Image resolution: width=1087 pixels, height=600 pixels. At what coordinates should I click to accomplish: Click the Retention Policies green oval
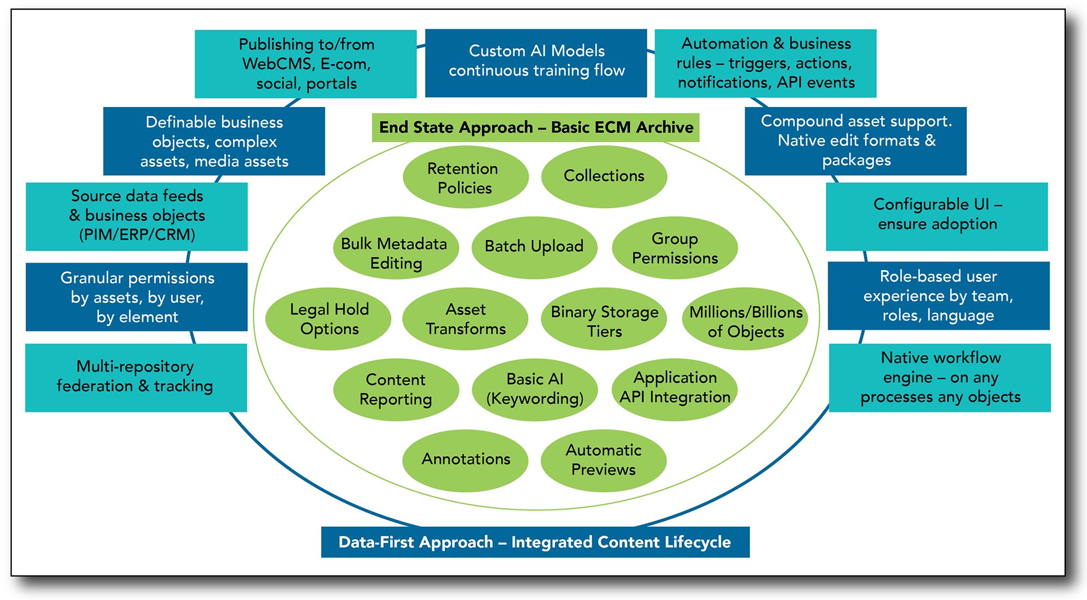pyautogui.click(x=465, y=177)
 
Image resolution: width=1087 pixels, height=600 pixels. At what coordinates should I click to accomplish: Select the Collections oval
pyautogui.click(x=604, y=176)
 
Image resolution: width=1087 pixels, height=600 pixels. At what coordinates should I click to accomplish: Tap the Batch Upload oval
pyautogui.click(x=534, y=247)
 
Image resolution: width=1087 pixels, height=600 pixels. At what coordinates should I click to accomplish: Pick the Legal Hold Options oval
pyautogui.click(x=328, y=319)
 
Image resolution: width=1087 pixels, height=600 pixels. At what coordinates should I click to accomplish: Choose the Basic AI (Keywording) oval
pyautogui.click(x=535, y=389)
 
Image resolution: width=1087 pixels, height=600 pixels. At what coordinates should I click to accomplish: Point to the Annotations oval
pyautogui.click(x=465, y=460)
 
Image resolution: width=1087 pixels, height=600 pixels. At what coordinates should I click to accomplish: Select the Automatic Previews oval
pyautogui.click(x=603, y=460)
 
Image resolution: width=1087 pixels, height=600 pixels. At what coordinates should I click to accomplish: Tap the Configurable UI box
pyautogui.click(x=937, y=216)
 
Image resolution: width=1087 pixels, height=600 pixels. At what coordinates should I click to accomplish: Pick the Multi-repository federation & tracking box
pyautogui.click(x=136, y=377)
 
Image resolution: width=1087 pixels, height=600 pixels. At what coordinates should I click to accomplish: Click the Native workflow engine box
pyautogui.click(x=940, y=377)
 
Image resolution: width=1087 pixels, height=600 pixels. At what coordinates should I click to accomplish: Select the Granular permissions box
pyautogui.click(x=136, y=297)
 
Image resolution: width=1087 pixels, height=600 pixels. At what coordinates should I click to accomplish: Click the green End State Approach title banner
pyautogui.click(x=535, y=128)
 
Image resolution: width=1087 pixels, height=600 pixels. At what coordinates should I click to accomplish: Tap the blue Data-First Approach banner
pyautogui.click(x=535, y=542)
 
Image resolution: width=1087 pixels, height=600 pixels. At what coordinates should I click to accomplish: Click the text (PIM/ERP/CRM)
pyautogui.click(x=137, y=235)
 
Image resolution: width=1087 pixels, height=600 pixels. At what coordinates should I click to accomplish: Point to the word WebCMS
pyautogui.click(x=277, y=64)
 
